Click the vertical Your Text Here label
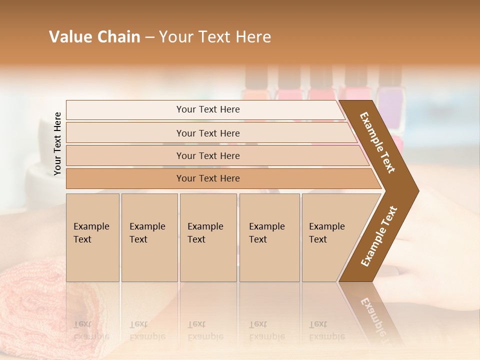(57, 144)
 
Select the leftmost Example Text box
(92, 237)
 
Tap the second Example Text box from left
(149, 237)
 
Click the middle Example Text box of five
(208, 237)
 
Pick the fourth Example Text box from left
(269, 237)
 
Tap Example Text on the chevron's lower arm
(379, 236)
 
